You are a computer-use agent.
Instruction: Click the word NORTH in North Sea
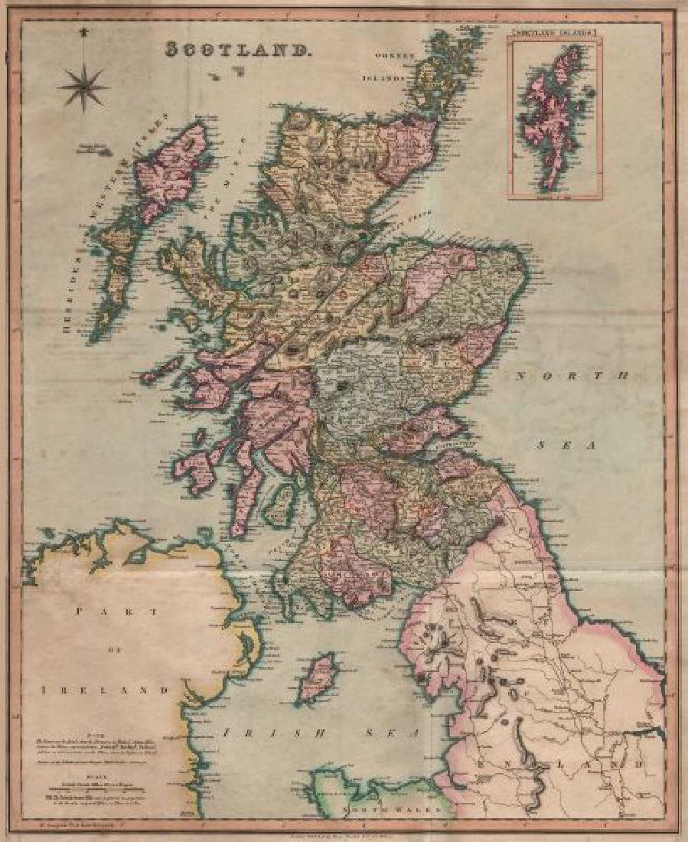(571, 376)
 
